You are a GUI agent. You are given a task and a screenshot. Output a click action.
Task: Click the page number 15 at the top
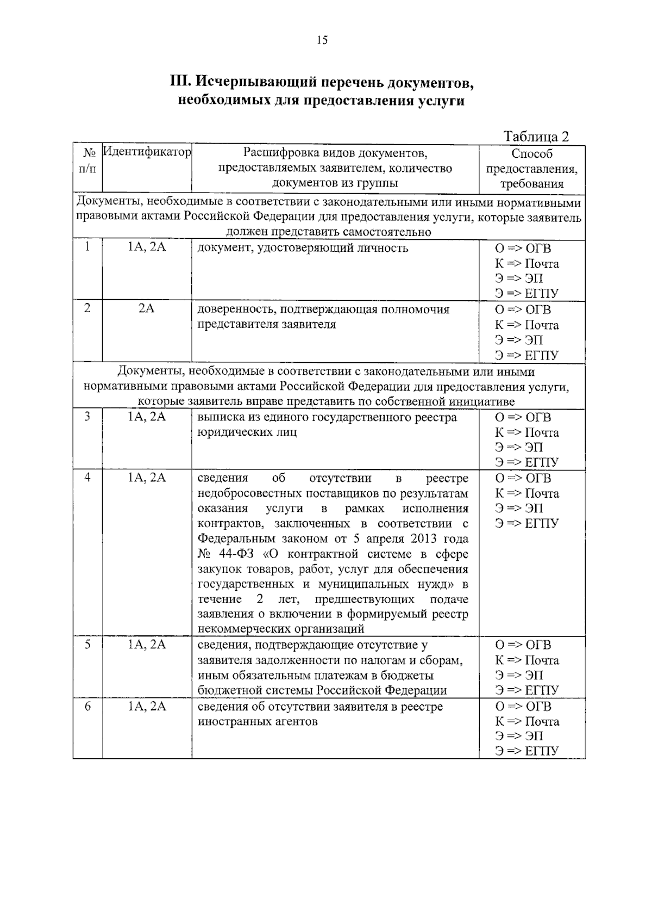tap(322, 40)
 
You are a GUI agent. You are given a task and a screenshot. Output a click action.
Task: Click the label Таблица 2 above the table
tap(536, 136)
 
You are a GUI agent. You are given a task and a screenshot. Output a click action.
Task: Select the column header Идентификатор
tap(147, 152)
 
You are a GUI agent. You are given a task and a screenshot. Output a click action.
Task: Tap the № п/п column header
tap(87, 160)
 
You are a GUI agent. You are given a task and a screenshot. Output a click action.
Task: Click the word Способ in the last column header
tap(531, 154)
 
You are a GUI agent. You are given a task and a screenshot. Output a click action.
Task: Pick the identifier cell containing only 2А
tap(147, 309)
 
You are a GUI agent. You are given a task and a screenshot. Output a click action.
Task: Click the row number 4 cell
tap(87, 478)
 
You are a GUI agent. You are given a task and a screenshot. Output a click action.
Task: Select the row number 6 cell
tap(87, 706)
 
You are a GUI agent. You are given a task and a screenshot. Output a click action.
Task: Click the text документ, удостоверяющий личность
tap(302, 249)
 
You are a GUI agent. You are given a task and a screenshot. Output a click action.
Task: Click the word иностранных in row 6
tap(230, 722)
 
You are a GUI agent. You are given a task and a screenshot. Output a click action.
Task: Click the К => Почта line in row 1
tap(526, 264)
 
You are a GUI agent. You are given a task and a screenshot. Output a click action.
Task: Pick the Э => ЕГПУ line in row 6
tap(526, 751)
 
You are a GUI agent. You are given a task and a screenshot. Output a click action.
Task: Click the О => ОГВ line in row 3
tap(523, 417)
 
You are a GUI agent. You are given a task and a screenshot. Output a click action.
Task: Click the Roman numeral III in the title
tap(180, 82)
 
